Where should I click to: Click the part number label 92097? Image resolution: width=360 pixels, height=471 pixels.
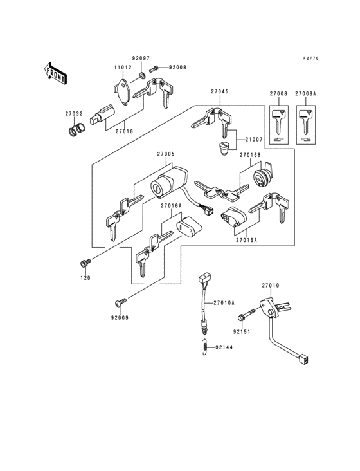click(141, 58)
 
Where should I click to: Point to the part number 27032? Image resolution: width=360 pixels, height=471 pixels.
click(73, 114)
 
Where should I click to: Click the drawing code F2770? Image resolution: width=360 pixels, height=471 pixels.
click(311, 58)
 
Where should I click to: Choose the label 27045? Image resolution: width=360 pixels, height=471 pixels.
click(219, 92)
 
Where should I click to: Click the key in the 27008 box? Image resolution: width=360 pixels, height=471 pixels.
click(278, 122)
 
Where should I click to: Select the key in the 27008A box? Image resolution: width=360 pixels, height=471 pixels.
click(305, 122)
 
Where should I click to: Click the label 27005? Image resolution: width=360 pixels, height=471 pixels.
click(166, 154)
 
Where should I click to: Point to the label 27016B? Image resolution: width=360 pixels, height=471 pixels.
click(251, 155)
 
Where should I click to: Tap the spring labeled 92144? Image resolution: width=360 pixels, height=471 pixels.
click(204, 347)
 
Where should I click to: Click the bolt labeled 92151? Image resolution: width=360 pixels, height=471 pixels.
click(244, 317)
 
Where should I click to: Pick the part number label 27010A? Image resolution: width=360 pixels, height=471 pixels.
click(224, 302)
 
